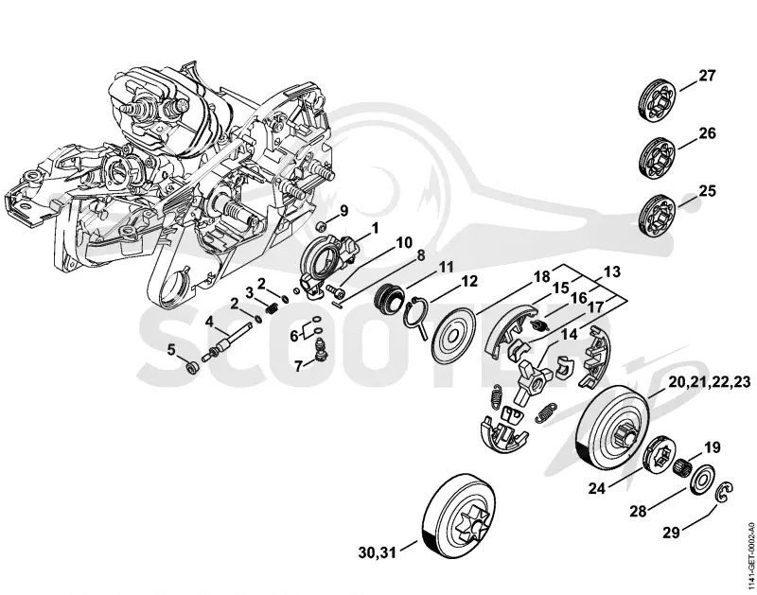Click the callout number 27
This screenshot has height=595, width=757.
pos(707,76)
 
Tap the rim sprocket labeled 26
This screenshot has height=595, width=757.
pos(658,157)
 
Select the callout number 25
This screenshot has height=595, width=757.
pos(707,191)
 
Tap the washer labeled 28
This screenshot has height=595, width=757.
pos(699,480)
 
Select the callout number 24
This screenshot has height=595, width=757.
pos(597,488)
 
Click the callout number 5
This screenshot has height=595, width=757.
pos(172,350)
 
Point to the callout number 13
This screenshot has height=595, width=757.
pos(611,271)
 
